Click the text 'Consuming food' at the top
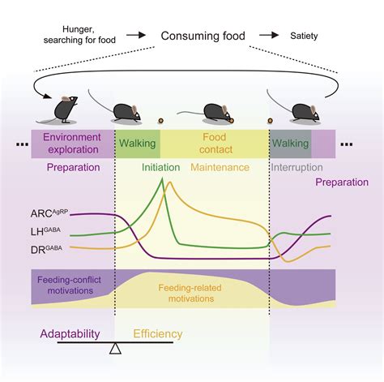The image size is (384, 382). tap(205, 36)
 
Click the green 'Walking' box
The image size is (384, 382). tap(138, 144)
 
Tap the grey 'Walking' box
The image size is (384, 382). tap(289, 144)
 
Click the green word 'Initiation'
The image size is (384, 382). tap(160, 168)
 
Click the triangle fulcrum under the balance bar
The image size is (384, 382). tap(115, 349)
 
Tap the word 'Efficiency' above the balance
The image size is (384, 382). tap(158, 333)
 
